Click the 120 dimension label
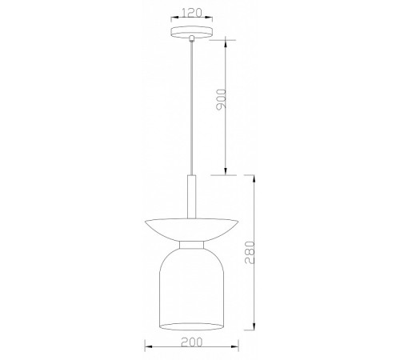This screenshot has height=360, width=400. pos(192,13)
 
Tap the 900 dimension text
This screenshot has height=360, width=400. pos(221,99)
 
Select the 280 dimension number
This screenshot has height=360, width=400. pos(250,253)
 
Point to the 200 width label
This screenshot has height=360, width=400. pos(192,342)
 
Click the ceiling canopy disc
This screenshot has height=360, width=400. pos(192,32)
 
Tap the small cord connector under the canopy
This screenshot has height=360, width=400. pos(191,38)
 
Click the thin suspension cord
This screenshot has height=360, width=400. pos(191,108)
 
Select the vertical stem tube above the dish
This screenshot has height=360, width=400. pos(191,197)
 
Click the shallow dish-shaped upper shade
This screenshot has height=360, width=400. pos(192,230)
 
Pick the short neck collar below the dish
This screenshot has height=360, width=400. pos(192,245)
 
